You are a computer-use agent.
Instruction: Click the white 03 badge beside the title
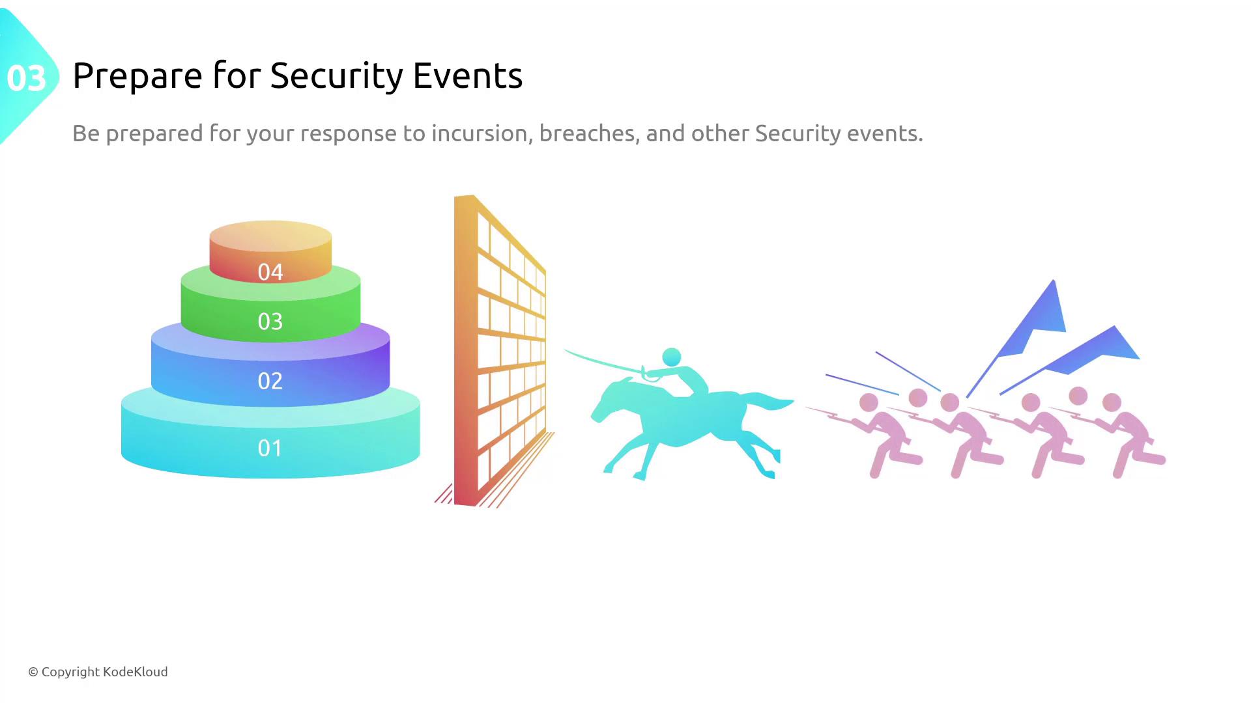tap(27, 78)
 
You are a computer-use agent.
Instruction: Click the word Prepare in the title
tap(137, 77)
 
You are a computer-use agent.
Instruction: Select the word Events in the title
tap(468, 76)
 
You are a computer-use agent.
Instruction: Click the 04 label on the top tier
tap(270, 272)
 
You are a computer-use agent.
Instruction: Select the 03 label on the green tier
tap(270, 322)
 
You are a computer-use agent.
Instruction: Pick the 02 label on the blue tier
tap(270, 381)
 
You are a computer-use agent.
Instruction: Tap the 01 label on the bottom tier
tap(270, 448)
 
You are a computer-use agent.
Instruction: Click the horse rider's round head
tap(672, 357)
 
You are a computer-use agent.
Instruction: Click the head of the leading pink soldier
tap(869, 403)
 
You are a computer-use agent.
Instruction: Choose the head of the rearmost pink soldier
tap(1112, 402)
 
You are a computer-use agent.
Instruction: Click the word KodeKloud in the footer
tap(136, 672)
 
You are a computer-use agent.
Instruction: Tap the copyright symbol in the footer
tap(33, 672)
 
